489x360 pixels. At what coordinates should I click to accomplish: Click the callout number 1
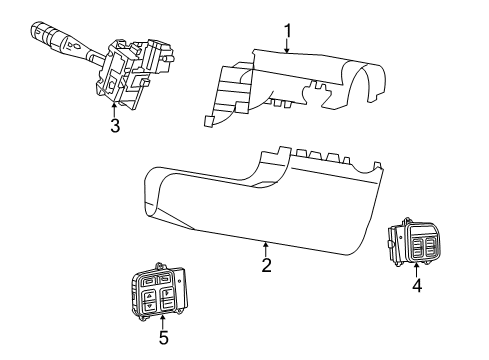288,31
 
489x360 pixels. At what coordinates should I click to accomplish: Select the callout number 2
266,265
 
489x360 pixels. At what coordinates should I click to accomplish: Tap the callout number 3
115,126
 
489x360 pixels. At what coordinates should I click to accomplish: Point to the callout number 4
417,285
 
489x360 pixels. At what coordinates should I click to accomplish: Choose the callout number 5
163,337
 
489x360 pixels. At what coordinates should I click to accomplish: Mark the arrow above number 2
266,247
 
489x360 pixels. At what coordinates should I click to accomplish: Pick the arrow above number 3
115,108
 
